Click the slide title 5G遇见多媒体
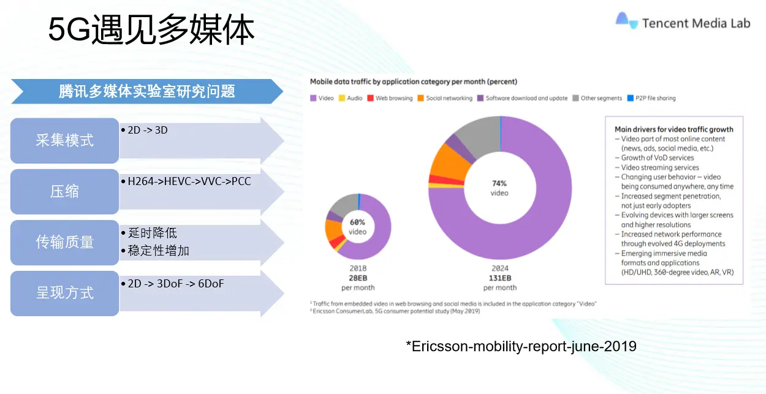(x=151, y=31)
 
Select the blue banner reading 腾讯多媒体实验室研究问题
(x=147, y=91)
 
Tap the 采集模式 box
(x=64, y=140)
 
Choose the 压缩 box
(x=64, y=191)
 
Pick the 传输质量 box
(x=64, y=242)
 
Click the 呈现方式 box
(x=64, y=293)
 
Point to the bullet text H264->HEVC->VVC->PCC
(x=189, y=181)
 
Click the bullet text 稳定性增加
(x=159, y=250)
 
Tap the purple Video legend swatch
(x=313, y=98)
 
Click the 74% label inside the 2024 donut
(x=499, y=183)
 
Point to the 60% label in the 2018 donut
(x=357, y=222)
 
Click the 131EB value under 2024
(x=499, y=278)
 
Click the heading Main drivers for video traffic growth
(x=673, y=129)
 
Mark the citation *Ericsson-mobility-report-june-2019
(x=521, y=346)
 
